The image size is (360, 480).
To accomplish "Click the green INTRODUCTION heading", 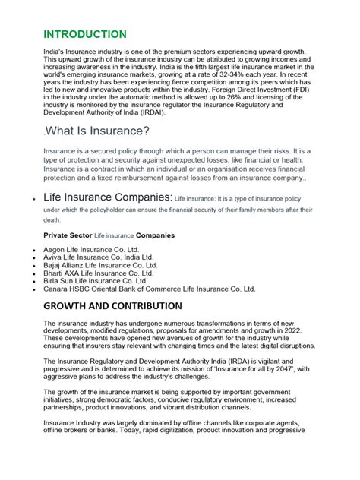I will click(x=85, y=35).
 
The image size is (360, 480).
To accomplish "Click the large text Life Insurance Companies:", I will click(x=107, y=199).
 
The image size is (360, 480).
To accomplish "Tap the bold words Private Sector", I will click(x=68, y=235).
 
